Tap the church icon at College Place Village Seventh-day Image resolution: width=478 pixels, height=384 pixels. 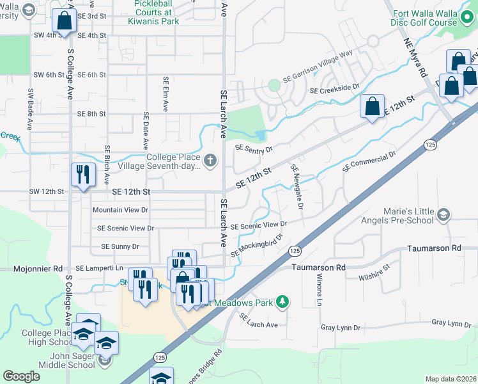[211, 158]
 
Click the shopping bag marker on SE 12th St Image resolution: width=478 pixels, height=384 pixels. [372, 106]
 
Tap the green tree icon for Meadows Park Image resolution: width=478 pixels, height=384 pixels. [282, 302]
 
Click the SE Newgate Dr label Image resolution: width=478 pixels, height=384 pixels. [297, 186]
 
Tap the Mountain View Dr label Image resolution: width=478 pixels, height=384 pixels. [120, 210]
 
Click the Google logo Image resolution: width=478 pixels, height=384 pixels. [21, 376]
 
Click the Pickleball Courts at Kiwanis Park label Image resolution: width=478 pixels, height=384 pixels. [153, 12]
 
